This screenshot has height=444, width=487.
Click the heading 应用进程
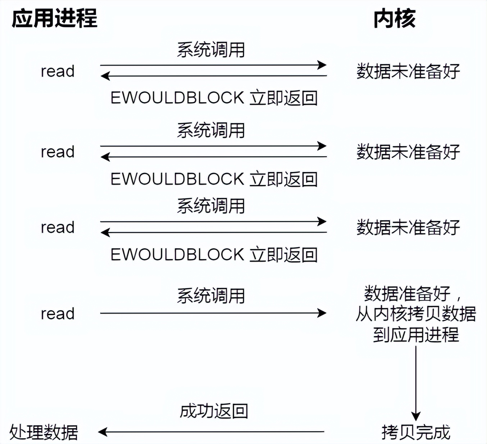(x=54, y=19)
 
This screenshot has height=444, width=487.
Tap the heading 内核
(x=394, y=19)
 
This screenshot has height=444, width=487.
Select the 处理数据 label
(x=44, y=432)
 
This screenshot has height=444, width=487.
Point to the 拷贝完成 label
(x=416, y=432)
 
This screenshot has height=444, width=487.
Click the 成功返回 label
(x=214, y=411)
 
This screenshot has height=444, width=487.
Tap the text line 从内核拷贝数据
(x=416, y=314)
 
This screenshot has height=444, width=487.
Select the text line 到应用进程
(x=416, y=335)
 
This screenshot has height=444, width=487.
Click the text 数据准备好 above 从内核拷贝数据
(x=407, y=294)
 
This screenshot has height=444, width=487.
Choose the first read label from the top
(x=58, y=71)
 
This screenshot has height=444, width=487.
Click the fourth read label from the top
(x=58, y=314)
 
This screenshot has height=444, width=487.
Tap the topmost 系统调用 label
(x=211, y=50)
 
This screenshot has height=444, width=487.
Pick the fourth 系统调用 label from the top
(x=211, y=296)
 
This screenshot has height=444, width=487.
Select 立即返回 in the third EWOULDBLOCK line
(x=284, y=255)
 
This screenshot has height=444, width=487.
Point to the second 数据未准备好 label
(x=408, y=152)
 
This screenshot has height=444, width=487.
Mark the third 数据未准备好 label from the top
(x=408, y=227)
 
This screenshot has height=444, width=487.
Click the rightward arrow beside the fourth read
(x=213, y=313)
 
